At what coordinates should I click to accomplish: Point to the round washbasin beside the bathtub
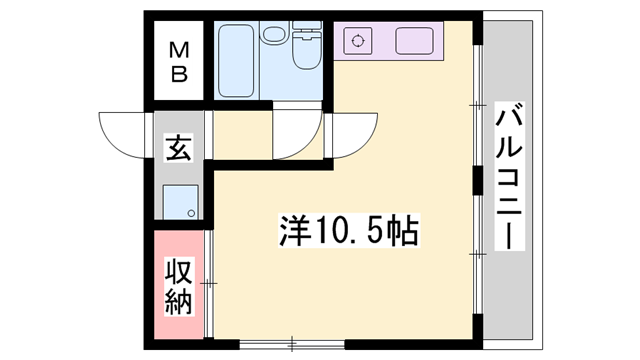tap(273, 36)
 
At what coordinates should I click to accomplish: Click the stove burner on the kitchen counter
tap(354, 42)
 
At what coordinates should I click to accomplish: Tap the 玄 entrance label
tap(178, 149)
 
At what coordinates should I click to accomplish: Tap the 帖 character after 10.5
tap(404, 231)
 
